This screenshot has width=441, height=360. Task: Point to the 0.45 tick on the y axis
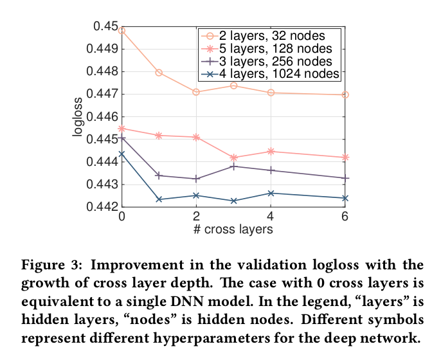coord(106,26)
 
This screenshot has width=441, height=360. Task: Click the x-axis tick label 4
coord(271,217)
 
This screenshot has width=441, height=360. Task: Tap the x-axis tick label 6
coord(345,217)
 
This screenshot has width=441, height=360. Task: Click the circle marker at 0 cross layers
coord(122,30)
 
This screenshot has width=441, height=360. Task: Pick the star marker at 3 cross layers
coord(233,157)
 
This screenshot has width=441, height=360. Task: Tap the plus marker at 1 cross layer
coord(159,175)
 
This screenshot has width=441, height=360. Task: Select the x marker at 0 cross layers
coord(122,154)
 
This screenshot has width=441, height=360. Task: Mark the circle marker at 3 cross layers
coord(233,85)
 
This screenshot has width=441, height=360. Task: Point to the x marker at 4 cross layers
coord(271,193)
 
